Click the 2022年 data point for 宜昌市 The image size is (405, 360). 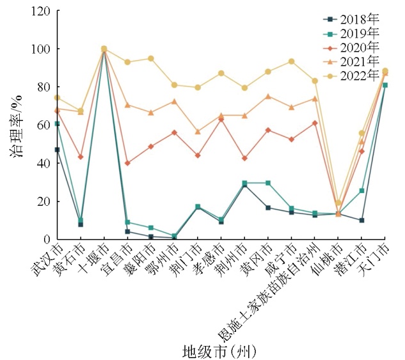tap(127, 62)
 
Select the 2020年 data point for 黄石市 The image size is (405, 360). tap(80, 157)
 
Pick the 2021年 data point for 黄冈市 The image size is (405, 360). tap(267, 97)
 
